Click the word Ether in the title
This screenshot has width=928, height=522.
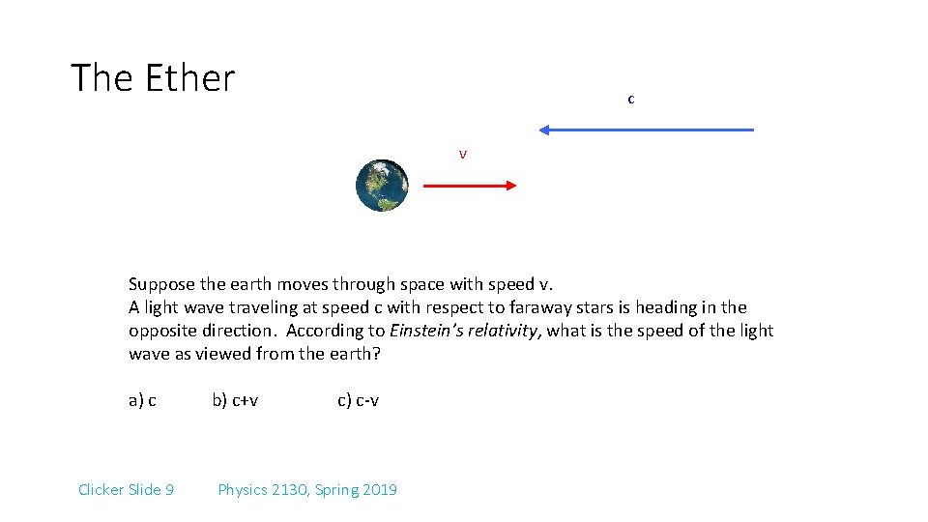click(x=189, y=77)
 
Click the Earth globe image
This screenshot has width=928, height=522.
click(x=382, y=186)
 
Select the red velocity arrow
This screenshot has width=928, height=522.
click(x=470, y=186)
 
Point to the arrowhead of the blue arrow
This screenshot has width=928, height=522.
click(x=544, y=130)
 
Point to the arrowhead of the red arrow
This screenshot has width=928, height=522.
click(x=512, y=186)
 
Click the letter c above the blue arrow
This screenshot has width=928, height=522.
click(x=631, y=99)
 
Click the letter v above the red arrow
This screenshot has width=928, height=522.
click(x=463, y=155)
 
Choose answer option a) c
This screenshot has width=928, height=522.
click(x=142, y=400)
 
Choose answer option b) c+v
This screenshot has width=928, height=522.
click(x=235, y=400)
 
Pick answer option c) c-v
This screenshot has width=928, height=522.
click(x=358, y=400)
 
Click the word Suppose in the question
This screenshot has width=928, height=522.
click(x=161, y=284)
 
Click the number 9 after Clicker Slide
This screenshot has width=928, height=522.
click(x=169, y=489)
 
